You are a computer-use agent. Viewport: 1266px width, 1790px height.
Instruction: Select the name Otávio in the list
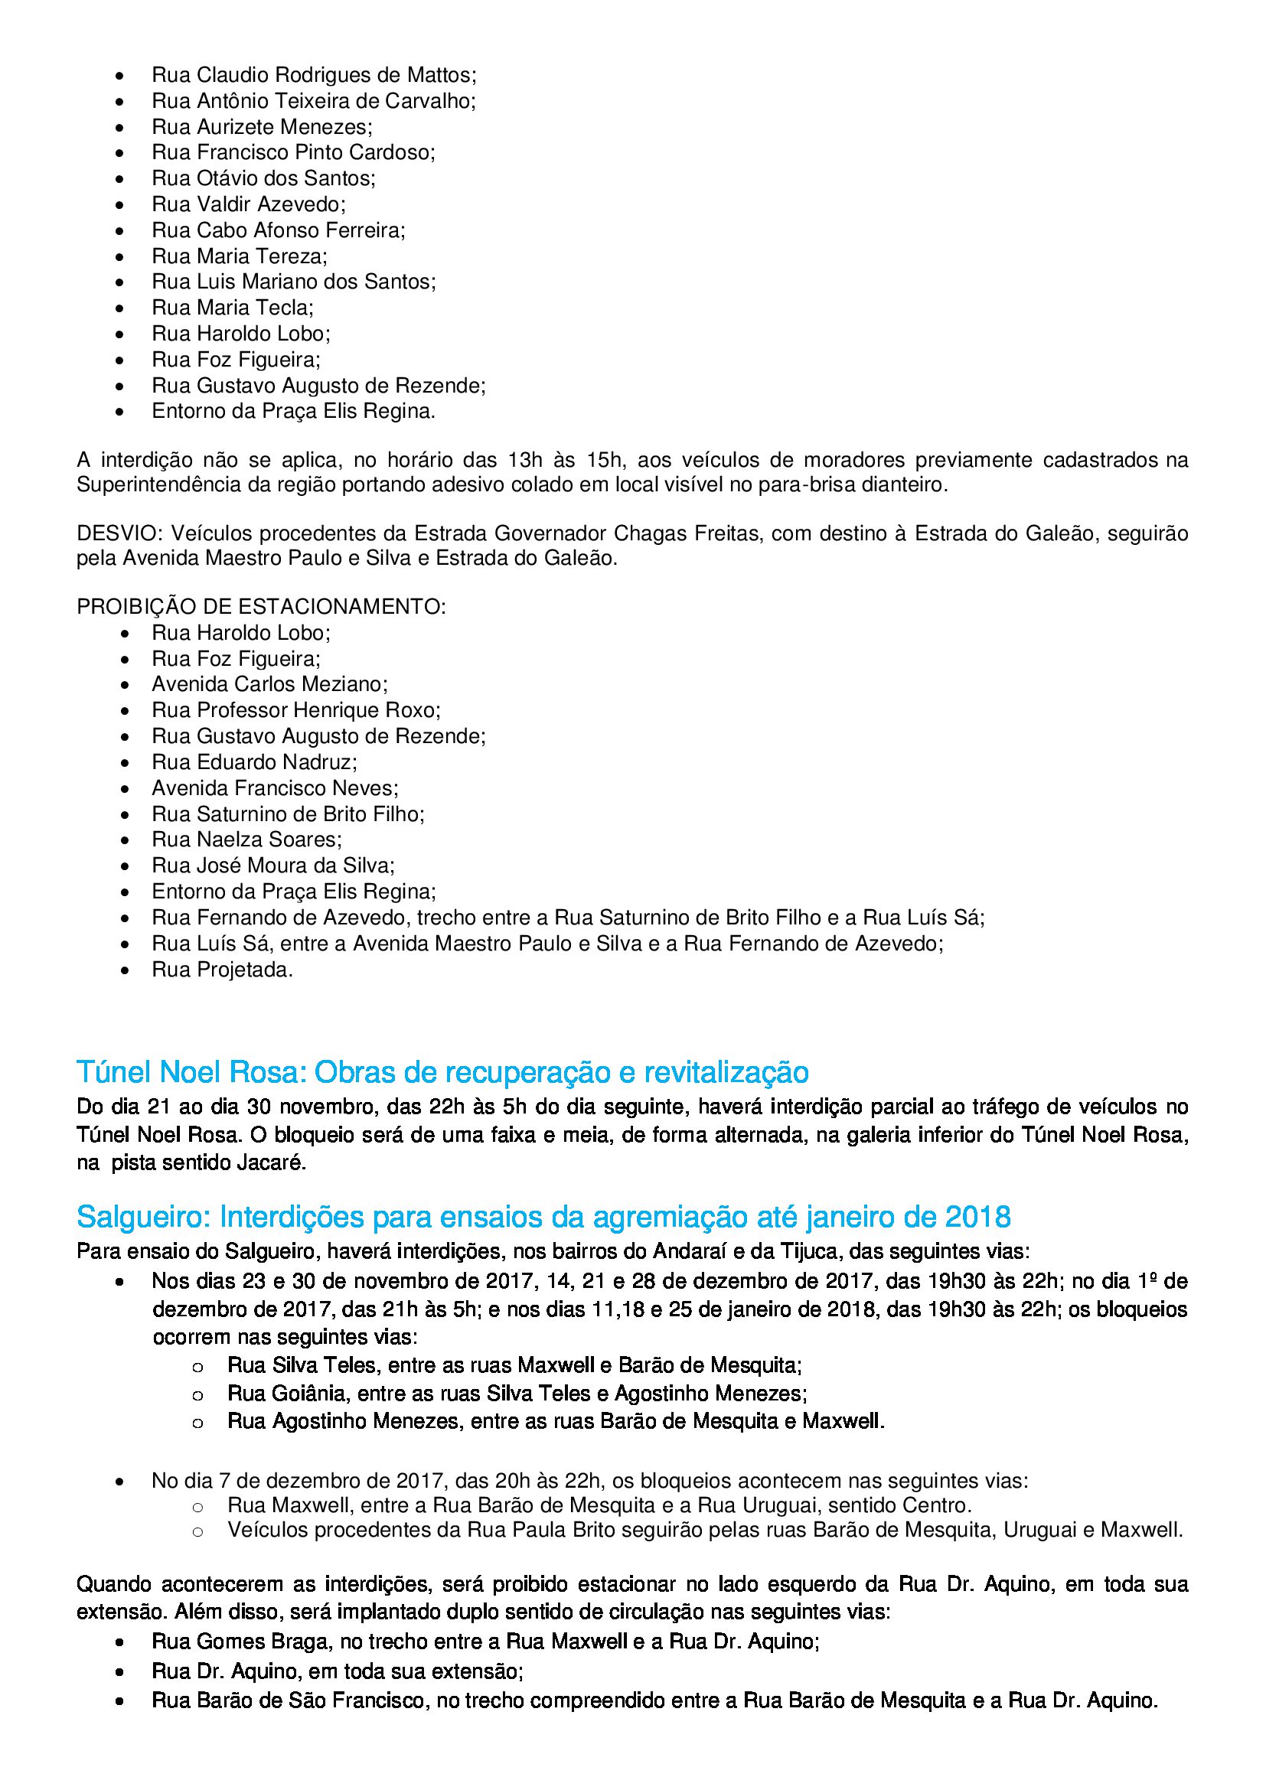point(226,178)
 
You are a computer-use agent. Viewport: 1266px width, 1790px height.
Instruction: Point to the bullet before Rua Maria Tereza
point(119,256)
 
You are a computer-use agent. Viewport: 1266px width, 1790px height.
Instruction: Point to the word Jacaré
point(272,1163)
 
